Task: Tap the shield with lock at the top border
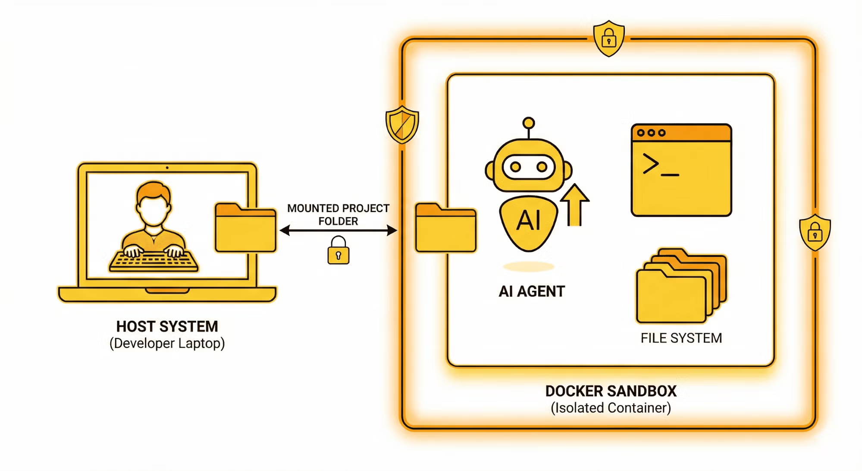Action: pyautogui.click(x=608, y=39)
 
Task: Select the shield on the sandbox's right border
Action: pyautogui.click(x=815, y=233)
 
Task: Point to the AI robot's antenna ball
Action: pyautogui.click(x=528, y=123)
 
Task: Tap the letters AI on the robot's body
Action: pyautogui.click(x=528, y=221)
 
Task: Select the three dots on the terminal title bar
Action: pyautogui.click(x=651, y=133)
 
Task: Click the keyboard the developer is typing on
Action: pyautogui.click(x=154, y=261)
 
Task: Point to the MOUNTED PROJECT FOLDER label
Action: pyautogui.click(x=338, y=215)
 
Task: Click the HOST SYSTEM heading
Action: pyautogui.click(x=167, y=326)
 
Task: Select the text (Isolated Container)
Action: pyautogui.click(x=611, y=408)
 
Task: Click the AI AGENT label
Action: pyautogui.click(x=531, y=291)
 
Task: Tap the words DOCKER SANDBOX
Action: pyautogui.click(x=611, y=391)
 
